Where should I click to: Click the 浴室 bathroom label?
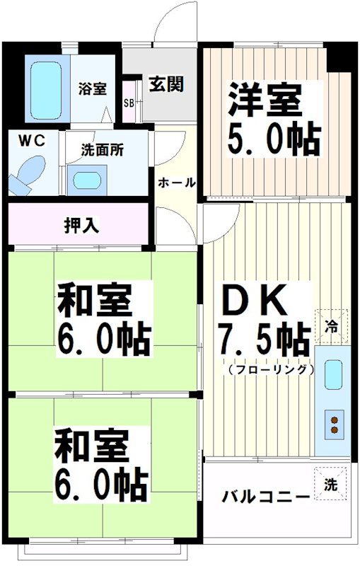pos(93,89)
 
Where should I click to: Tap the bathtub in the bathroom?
pos(47,90)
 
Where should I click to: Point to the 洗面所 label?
pos(102,150)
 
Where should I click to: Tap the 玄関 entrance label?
pos(166,83)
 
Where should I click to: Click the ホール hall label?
pos(175,183)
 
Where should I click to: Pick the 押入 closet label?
pos(81,226)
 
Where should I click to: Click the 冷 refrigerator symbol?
pos(330,326)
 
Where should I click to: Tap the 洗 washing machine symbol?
pos(330,485)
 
